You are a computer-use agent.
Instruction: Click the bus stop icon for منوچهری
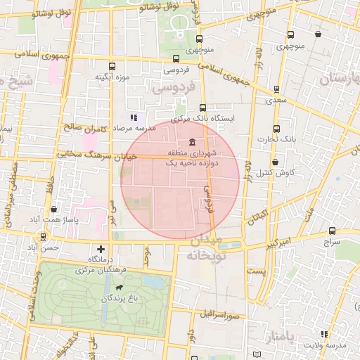coord(199,39)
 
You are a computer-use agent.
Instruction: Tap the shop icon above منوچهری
coord(319,34)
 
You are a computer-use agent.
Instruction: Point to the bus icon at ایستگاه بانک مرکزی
coord(203,108)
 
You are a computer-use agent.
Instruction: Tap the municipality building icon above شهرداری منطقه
coord(193,141)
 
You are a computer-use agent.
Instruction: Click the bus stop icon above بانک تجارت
coord(276,129)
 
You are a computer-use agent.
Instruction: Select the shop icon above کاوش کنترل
coord(275,162)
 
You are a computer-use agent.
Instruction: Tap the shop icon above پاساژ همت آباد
coord(54,209)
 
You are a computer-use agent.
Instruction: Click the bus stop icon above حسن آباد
coord(44,237)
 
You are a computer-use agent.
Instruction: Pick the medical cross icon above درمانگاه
coord(101,248)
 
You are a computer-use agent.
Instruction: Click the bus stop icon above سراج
coord(333,230)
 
